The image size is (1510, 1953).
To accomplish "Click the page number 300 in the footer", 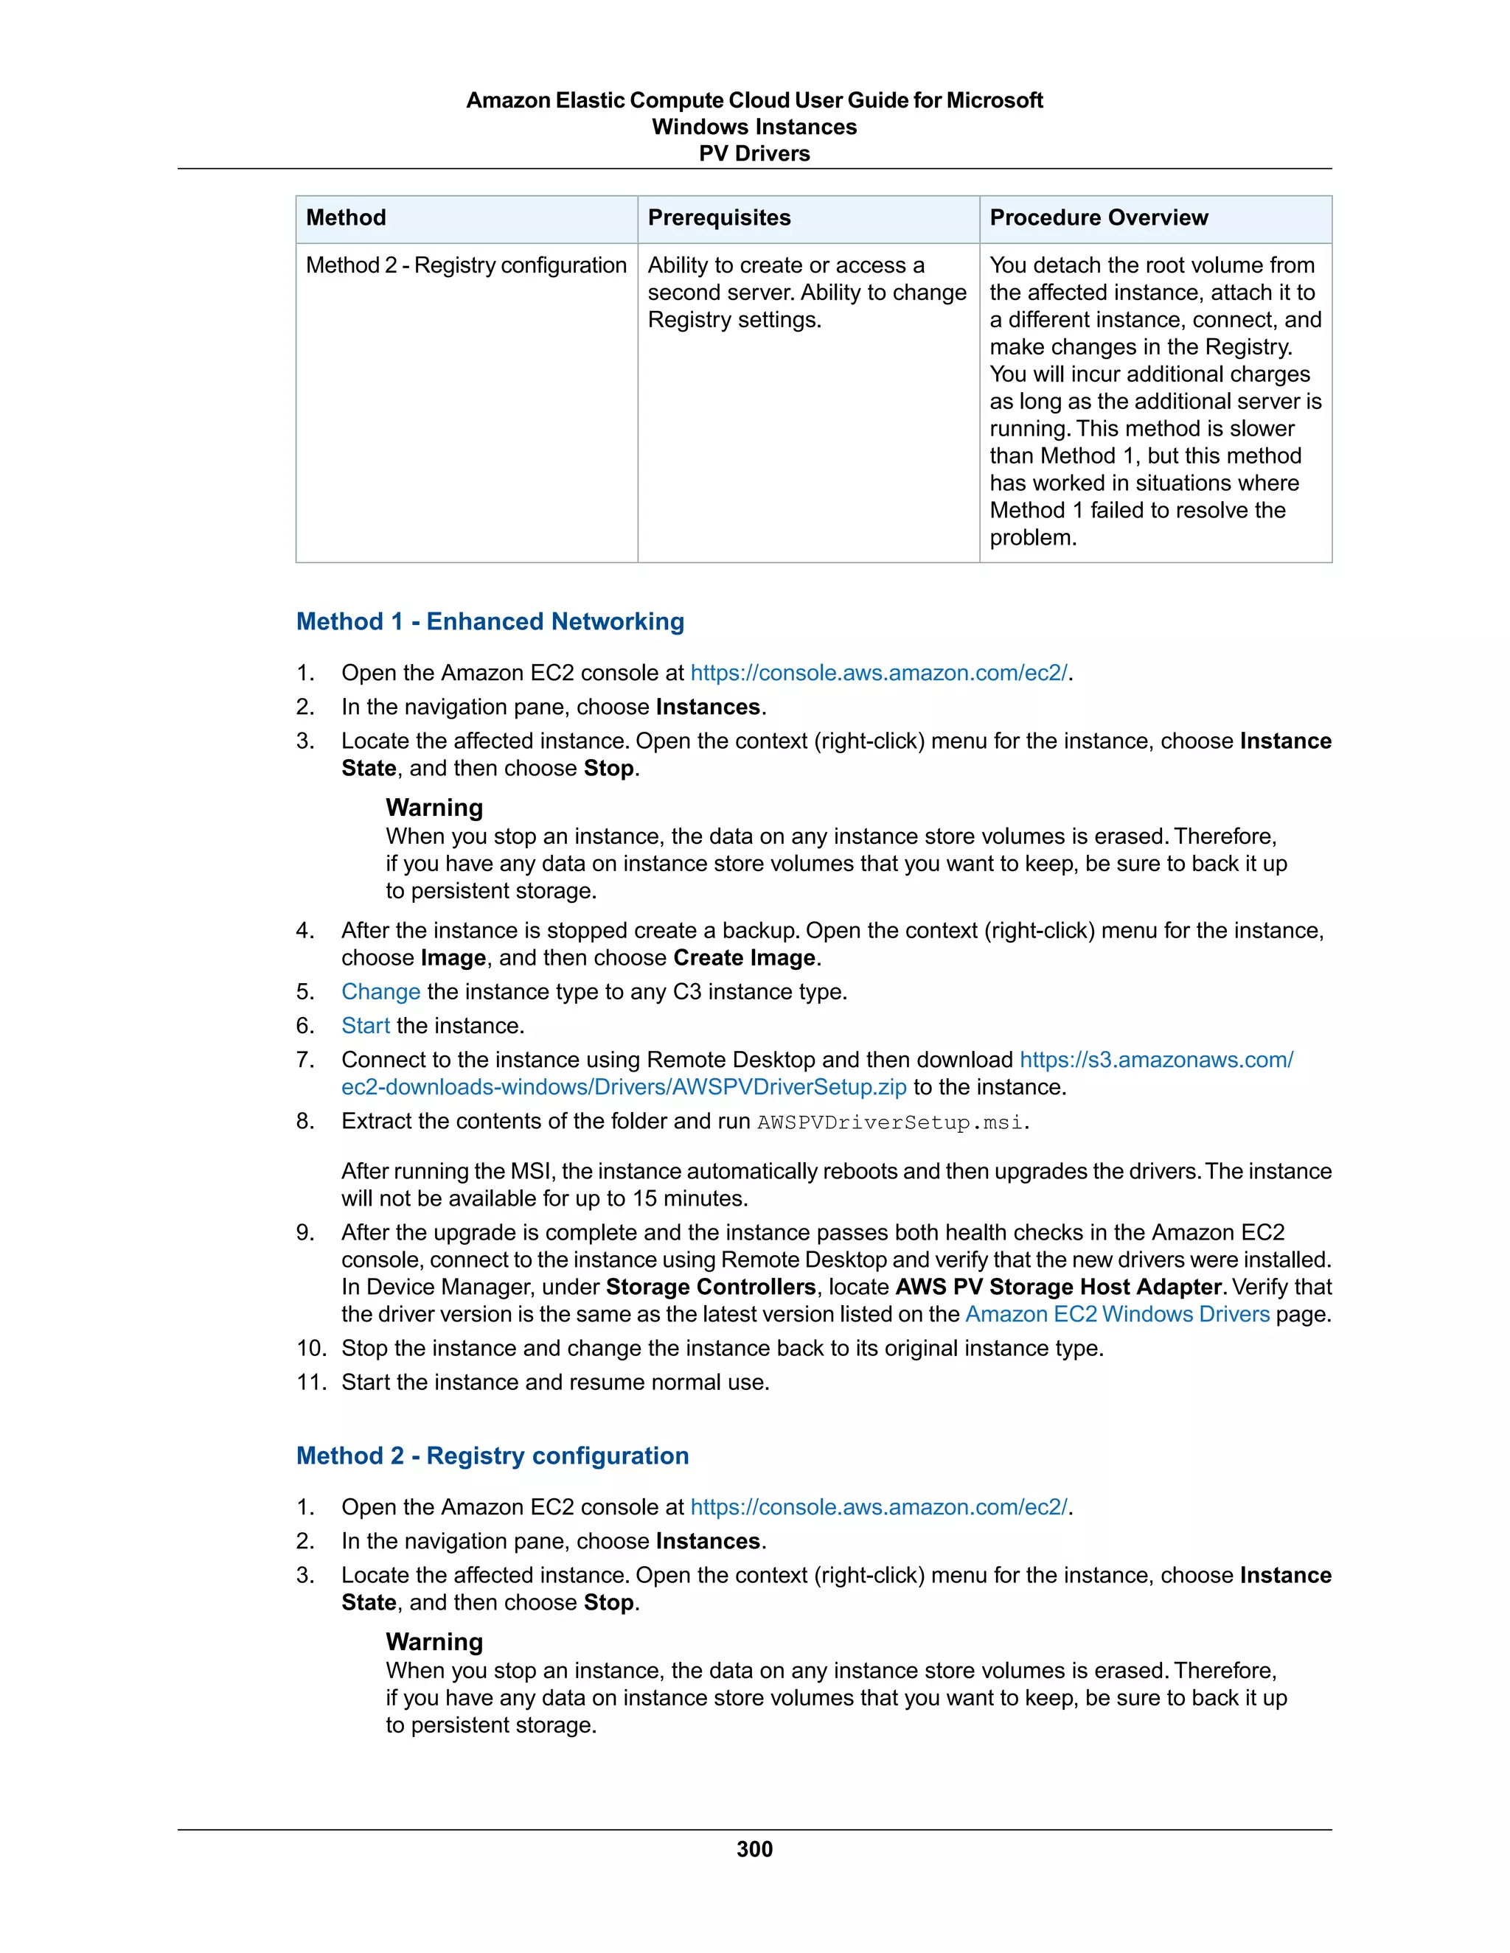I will click(754, 1848).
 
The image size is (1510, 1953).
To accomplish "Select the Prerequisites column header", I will click(718, 217).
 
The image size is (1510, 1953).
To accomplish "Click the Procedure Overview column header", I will click(1098, 217).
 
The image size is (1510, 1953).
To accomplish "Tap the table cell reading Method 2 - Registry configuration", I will click(465, 265).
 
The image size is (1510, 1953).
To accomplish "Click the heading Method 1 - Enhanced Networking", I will click(490, 621).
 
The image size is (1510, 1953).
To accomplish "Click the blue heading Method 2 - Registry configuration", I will click(492, 1455).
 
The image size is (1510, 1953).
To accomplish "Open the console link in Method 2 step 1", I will click(878, 1507).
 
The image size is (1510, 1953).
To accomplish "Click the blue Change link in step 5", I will click(380, 992).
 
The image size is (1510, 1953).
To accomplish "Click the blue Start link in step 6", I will click(365, 1026).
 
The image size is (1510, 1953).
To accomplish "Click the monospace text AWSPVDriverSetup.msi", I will click(890, 1122).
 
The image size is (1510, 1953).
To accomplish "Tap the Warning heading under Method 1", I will click(434, 808).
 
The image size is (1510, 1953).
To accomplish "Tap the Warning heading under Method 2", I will click(434, 1641).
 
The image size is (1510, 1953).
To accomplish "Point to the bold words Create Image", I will click(744, 958).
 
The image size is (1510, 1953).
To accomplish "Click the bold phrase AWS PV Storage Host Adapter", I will click(1058, 1287).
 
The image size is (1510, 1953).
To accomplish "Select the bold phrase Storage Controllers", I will click(710, 1287).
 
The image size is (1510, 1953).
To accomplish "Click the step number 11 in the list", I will click(310, 1382).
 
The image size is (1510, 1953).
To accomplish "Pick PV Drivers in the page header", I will click(754, 154).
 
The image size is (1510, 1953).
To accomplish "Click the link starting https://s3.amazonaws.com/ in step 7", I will click(1156, 1060).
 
